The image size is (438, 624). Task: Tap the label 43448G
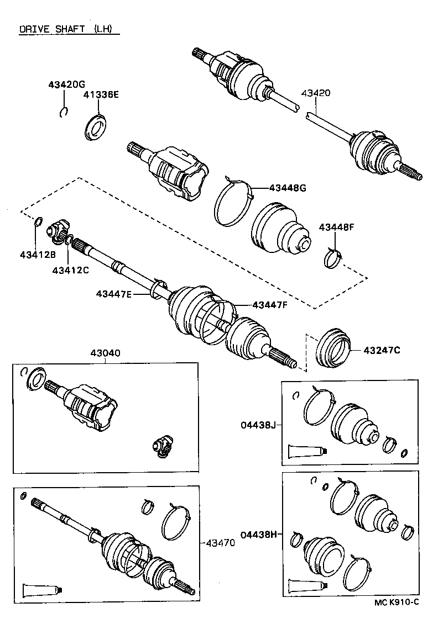coord(288,188)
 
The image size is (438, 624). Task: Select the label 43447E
coord(114,294)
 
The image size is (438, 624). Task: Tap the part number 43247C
coord(382,350)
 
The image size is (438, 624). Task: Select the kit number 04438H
coord(259,534)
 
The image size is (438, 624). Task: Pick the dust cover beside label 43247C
coord(332,347)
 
